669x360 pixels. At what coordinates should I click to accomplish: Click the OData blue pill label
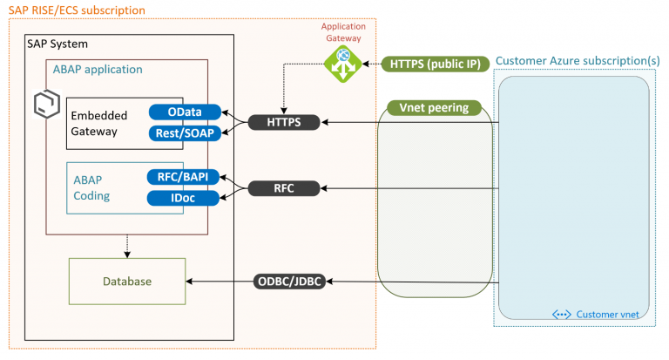pyautogui.click(x=184, y=112)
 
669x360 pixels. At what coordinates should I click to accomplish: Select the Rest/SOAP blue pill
pyautogui.click(x=184, y=132)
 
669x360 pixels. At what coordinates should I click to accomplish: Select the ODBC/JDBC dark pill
pyautogui.click(x=288, y=281)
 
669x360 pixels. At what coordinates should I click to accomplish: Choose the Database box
pyautogui.click(x=126, y=282)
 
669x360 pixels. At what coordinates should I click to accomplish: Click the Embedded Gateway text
pyautogui.click(x=98, y=123)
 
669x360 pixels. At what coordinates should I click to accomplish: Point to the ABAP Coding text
pyautogui.click(x=92, y=187)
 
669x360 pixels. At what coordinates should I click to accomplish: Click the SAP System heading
pyautogui.click(x=51, y=44)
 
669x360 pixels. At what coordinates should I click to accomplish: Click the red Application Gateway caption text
pyautogui.click(x=343, y=31)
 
